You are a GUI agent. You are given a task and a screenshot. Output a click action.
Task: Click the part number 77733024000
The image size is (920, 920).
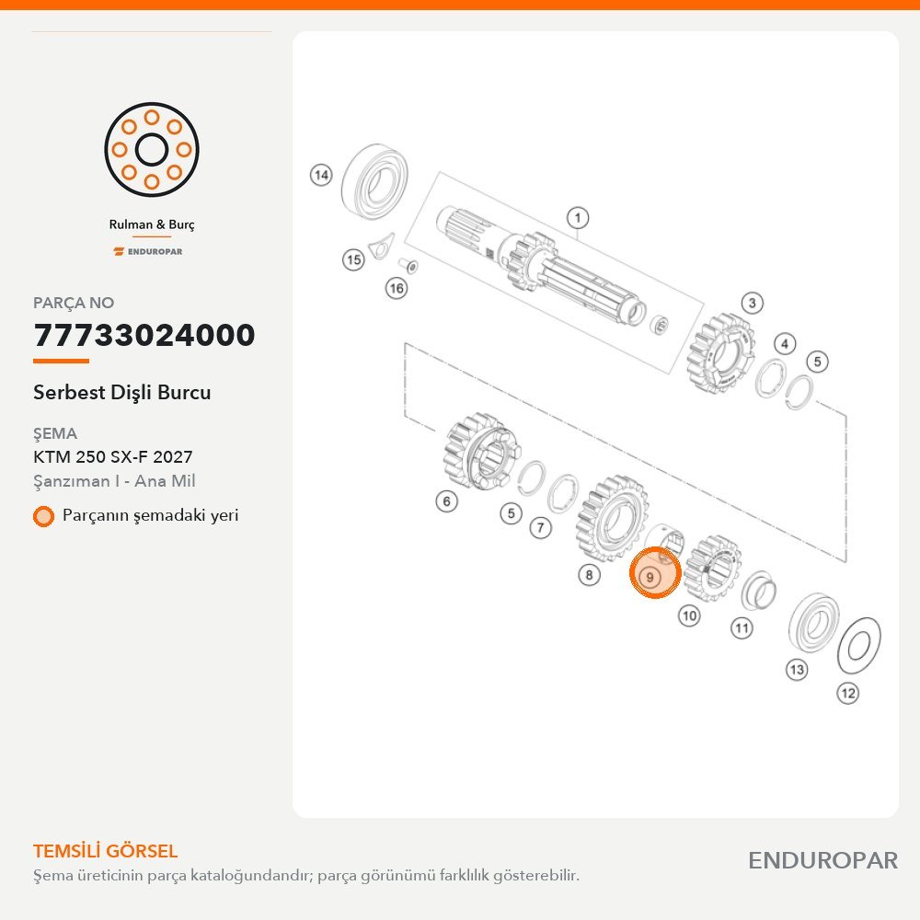pos(144,335)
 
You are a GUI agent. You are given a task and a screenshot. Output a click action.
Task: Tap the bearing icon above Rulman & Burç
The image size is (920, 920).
pos(152,150)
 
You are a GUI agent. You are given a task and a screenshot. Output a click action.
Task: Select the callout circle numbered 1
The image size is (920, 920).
pos(578,218)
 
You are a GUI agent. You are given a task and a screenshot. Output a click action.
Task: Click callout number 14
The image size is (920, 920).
pos(321,175)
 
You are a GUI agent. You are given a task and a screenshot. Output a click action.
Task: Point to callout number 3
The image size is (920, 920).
pos(753,304)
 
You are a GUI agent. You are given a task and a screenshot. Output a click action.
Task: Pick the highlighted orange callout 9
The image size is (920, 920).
pos(655,572)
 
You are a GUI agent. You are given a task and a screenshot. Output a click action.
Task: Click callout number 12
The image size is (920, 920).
pos(848,693)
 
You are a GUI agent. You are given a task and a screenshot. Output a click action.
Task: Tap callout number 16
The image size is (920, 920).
pos(396,288)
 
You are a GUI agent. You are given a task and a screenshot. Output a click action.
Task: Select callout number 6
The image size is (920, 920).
pos(446,501)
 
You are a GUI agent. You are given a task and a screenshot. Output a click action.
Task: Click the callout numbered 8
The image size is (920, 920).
pos(589,574)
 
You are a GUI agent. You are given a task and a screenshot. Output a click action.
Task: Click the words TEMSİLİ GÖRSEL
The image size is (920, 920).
pos(105,851)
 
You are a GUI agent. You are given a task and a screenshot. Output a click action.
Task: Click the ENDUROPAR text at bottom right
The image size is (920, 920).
pos(822,861)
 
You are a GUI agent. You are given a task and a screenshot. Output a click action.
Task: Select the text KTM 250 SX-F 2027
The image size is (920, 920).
pos(112,456)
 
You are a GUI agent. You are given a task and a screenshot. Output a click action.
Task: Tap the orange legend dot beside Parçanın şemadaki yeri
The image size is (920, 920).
pos(43,516)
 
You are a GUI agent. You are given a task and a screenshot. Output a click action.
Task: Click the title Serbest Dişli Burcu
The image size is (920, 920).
pos(122,392)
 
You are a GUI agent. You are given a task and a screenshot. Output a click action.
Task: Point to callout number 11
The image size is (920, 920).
pos(742,628)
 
